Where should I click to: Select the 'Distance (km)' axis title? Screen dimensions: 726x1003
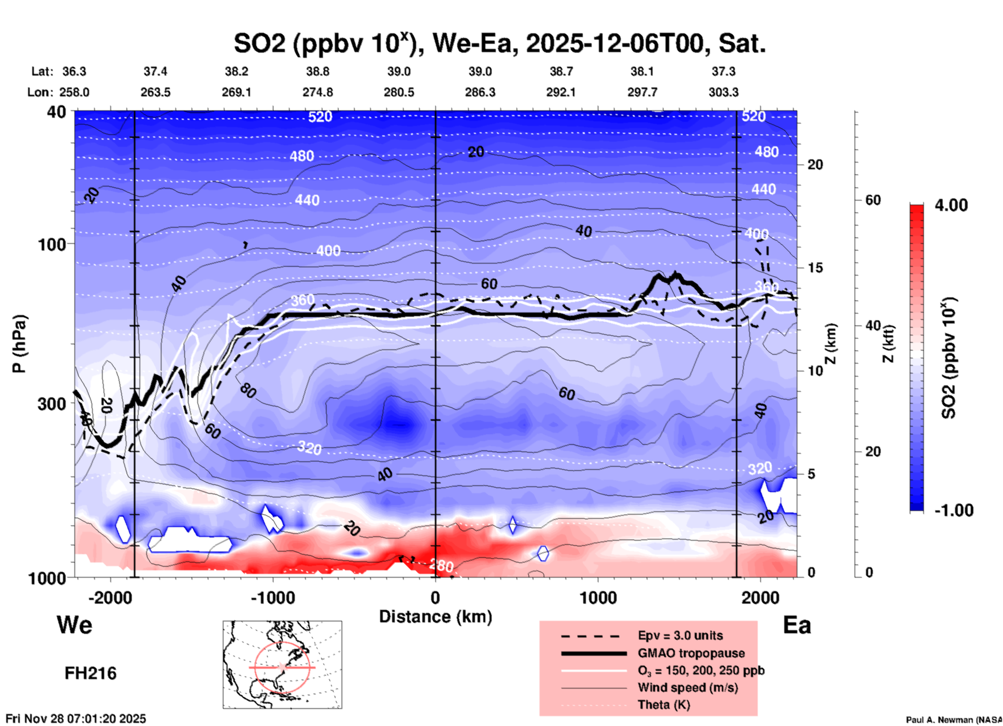pos(435,617)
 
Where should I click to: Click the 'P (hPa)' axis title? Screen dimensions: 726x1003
pos(19,344)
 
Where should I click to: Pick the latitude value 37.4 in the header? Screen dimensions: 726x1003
pos(155,71)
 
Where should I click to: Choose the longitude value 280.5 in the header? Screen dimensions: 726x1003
pos(399,92)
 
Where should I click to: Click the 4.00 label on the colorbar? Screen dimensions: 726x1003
pos(951,205)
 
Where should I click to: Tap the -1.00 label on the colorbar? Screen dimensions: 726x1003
pos(954,510)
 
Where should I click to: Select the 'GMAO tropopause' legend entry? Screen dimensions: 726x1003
pos(691,653)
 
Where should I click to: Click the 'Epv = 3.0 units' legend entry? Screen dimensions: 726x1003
pos(680,635)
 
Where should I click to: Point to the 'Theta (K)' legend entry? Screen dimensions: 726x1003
pos(663,705)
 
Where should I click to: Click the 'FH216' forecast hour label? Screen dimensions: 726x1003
pos(91,673)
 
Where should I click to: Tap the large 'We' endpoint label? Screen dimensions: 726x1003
pos(74,624)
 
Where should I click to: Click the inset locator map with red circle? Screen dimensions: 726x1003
pos(282,665)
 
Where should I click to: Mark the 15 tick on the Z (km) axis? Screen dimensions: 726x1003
pos(815,268)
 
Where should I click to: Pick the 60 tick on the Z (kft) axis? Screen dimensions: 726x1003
pos(873,200)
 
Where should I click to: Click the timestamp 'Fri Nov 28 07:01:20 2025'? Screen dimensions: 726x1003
pos(76,719)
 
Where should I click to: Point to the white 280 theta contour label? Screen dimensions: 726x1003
pos(442,566)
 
